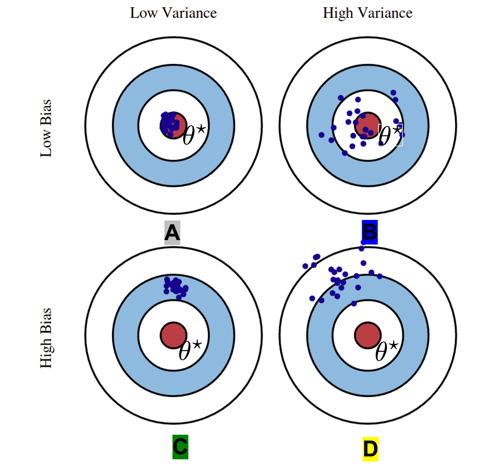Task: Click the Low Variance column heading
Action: click(173, 13)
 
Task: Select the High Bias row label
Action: click(46, 338)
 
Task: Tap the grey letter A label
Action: click(172, 233)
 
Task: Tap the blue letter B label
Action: click(369, 232)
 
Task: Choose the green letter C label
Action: click(180, 447)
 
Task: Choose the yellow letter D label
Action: click(370, 449)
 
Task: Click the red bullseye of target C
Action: click(174, 335)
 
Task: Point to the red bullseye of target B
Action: click(368, 125)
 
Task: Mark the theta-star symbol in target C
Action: click(190, 350)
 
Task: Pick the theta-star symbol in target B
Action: click(390, 135)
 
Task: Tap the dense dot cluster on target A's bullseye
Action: click(169, 124)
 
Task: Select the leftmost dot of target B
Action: click(321, 135)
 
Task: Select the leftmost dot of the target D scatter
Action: click(305, 266)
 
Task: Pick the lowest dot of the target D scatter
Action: click(354, 303)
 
